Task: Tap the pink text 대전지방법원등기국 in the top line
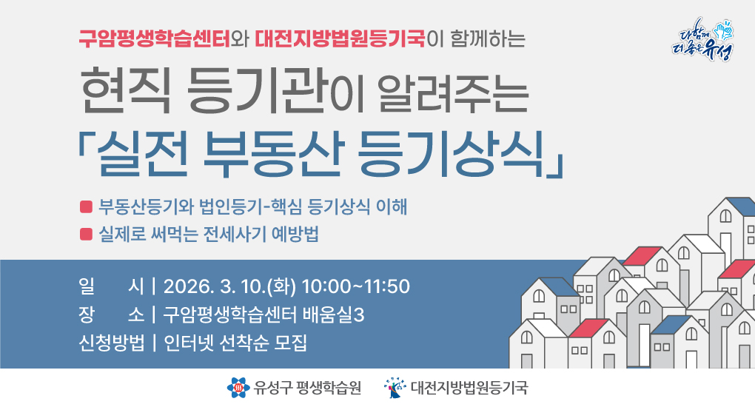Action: point(340,38)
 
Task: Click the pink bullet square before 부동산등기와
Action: point(86,206)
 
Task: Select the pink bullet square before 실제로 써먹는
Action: point(86,235)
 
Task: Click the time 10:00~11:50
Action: point(356,286)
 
